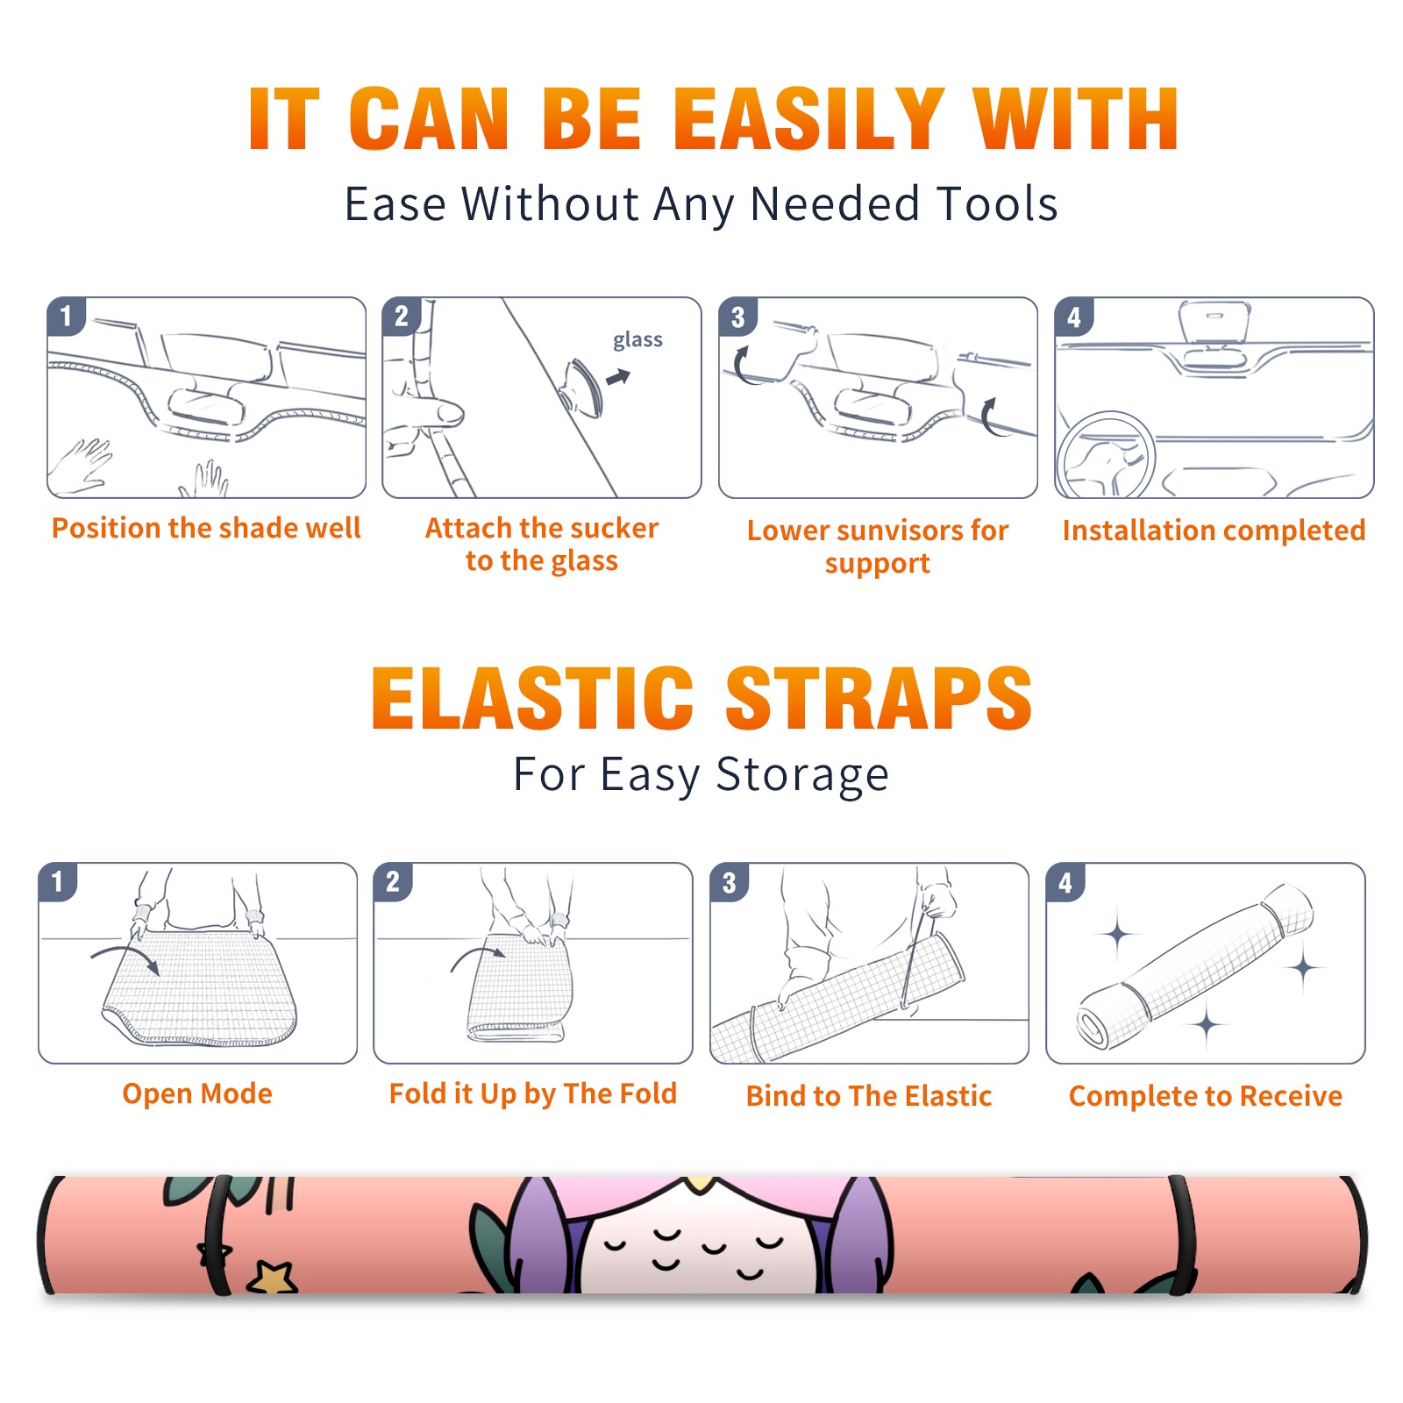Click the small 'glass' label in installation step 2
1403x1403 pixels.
(637, 340)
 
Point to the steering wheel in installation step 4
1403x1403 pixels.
(1107, 455)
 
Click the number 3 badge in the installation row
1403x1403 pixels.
(737, 317)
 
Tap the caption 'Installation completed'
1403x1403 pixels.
(1214, 531)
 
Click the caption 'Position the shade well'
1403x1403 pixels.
(206, 528)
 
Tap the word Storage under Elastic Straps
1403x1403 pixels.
(802, 775)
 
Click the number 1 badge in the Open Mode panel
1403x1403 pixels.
(58, 882)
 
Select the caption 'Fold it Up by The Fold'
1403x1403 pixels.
(533, 1094)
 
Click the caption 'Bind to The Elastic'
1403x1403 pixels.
(869, 1096)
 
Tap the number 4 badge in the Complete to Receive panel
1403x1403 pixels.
(1065, 882)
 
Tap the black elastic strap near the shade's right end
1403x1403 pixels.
(1182, 1235)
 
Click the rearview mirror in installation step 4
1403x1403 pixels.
(1214, 324)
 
